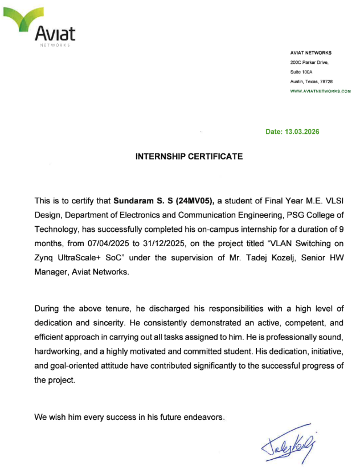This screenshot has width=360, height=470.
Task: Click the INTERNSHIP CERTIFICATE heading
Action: tap(189, 156)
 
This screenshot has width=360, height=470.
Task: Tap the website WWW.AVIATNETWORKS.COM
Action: tap(320, 91)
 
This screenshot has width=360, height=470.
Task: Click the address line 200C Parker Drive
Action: tap(309, 62)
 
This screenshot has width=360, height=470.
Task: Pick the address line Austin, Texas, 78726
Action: tap(312, 81)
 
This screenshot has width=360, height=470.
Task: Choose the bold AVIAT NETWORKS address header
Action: tap(310, 52)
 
